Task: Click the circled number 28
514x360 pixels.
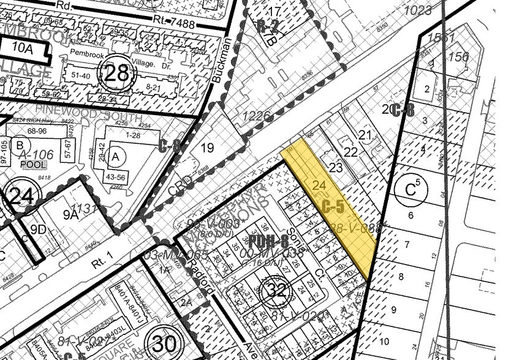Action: [118, 74]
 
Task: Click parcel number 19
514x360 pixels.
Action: [207, 148]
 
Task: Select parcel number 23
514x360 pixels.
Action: [336, 168]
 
